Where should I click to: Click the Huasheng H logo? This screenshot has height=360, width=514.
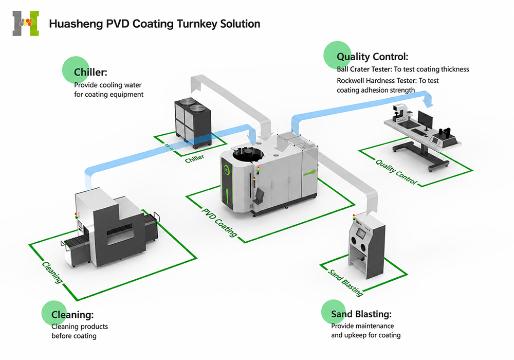[26, 23]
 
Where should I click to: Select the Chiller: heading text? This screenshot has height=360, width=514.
[90, 72]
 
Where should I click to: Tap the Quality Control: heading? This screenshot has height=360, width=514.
[372, 57]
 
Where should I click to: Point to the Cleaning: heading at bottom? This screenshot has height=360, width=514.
[72, 315]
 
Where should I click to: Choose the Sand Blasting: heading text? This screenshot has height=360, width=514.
[361, 314]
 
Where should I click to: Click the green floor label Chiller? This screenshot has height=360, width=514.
[194, 159]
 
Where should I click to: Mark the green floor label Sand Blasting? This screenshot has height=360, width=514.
[346, 282]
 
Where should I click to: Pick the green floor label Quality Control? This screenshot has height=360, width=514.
[396, 171]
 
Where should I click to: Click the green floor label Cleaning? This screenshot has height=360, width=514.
[52, 272]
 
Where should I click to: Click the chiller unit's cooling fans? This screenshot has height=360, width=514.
[193, 104]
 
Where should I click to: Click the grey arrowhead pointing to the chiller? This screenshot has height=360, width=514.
[196, 86]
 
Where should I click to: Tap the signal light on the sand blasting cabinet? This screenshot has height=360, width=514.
[354, 218]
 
